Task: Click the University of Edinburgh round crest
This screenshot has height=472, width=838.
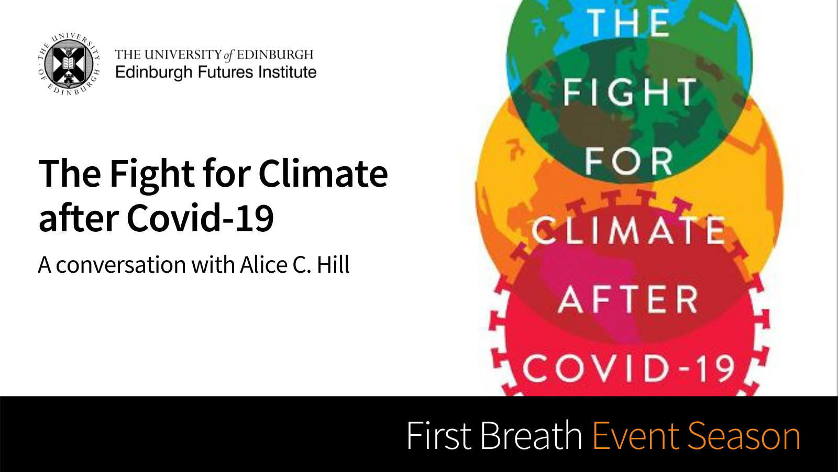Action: (69, 63)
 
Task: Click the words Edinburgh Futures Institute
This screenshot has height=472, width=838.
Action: (216, 72)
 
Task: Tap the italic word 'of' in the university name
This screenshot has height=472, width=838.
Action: (228, 56)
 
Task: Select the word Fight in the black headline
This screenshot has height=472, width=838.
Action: (152, 174)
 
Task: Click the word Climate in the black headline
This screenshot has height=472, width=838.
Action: (323, 174)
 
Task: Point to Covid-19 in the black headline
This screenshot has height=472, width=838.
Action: (200, 218)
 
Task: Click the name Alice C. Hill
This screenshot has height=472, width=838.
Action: (295, 265)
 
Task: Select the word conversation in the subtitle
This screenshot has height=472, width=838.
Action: (121, 265)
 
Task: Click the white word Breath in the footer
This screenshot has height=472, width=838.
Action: (531, 435)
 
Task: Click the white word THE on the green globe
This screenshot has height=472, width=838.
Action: (628, 23)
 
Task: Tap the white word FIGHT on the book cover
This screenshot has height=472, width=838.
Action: (630, 92)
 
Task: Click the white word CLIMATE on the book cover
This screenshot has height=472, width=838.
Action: (629, 230)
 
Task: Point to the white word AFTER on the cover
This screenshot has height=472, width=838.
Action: (629, 299)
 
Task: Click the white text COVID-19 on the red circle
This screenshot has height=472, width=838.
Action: (629, 369)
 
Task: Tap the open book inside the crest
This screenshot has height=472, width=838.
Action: (69, 62)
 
